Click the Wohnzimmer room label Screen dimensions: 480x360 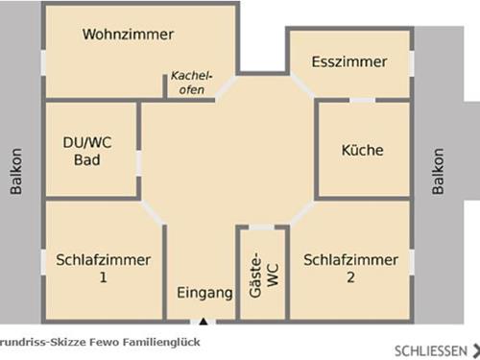point(128,35)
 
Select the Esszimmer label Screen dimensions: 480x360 point(349,62)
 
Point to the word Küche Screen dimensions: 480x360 point(363,151)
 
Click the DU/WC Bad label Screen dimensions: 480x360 point(87,152)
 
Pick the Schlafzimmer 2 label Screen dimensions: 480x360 point(350,269)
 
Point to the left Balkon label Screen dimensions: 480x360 point(15,171)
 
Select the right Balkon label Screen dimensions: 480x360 point(439,171)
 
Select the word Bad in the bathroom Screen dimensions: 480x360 point(87,160)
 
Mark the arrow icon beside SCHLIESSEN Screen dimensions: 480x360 point(474,349)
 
